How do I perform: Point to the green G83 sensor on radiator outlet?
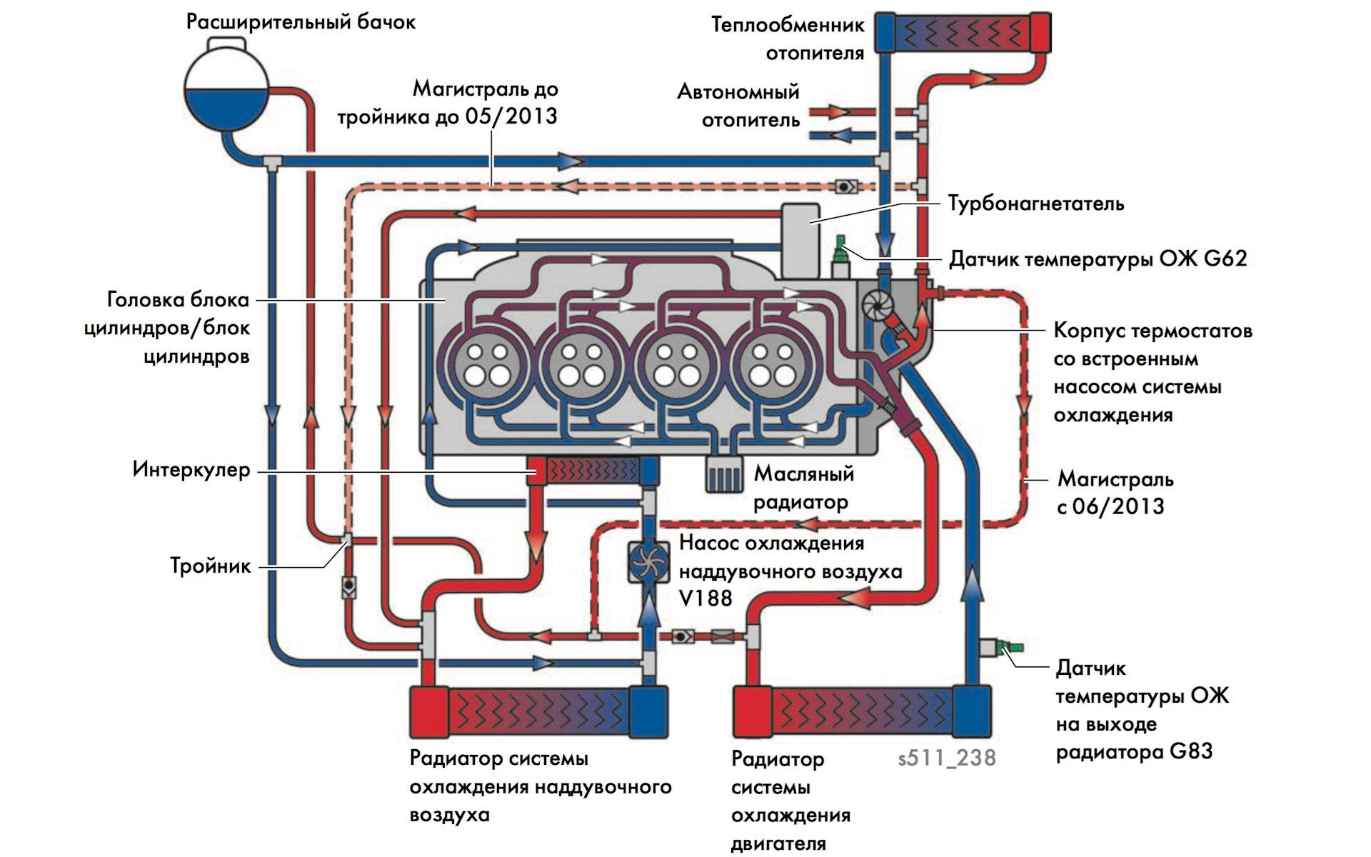1009,648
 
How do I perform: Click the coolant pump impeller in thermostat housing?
876,304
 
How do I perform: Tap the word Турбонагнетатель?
1035,204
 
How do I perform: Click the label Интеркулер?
191,470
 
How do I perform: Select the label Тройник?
211,566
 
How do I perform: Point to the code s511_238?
947,758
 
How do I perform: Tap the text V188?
705,598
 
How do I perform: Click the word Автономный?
738,92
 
